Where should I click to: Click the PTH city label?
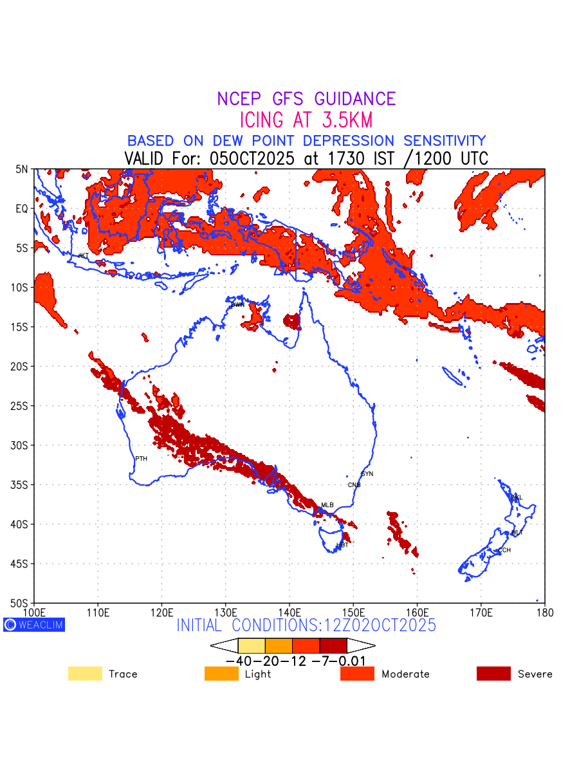click(x=141, y=459)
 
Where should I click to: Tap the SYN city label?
click(x=367, y=474)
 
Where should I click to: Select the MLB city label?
click(x=327, y=505)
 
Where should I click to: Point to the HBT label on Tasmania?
click(x=342, y=545)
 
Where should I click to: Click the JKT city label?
click(x=83, y=255)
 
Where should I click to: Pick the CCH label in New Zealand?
click(x=504, y=550)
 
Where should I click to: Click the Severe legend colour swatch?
click(x=493, y=674)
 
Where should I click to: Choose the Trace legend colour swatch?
click(x=85, y=674)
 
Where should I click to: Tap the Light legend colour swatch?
click(x=221, y=674)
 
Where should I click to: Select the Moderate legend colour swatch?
click(x=357, y=674)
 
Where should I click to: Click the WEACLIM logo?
click(x=34, y=625)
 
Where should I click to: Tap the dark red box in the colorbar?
click(x=333, y=645)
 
